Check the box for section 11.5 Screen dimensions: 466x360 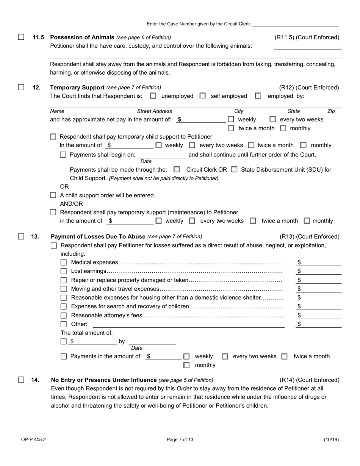coord(21,37)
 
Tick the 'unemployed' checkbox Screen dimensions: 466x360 coord(153,96)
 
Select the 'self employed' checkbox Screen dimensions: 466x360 coord(203,96)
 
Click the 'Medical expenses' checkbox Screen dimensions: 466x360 coord(64,263)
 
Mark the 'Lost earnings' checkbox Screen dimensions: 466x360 coord(64,271)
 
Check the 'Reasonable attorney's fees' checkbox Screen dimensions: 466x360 coord(64,315)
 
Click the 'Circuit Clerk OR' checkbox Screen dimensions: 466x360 coord(177,170)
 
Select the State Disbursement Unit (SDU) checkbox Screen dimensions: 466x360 coord(234,170)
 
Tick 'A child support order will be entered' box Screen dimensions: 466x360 coord(53,195)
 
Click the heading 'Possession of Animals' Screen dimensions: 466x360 coord(82,37)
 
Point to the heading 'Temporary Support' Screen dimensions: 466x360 coord(77,88)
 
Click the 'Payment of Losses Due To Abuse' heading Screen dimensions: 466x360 coord(98,236)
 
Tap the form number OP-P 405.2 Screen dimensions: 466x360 coord(33,440)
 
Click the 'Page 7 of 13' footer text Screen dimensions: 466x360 coord(180,440)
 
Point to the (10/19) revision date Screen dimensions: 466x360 coord(331,440)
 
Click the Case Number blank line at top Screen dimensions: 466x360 coord(295,23)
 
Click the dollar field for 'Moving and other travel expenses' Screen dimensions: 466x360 coord(321,289)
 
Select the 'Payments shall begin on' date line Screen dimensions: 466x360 coord(162,155)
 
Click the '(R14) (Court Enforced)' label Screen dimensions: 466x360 coord(309,380)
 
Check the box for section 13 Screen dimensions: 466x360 coord(21,236)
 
